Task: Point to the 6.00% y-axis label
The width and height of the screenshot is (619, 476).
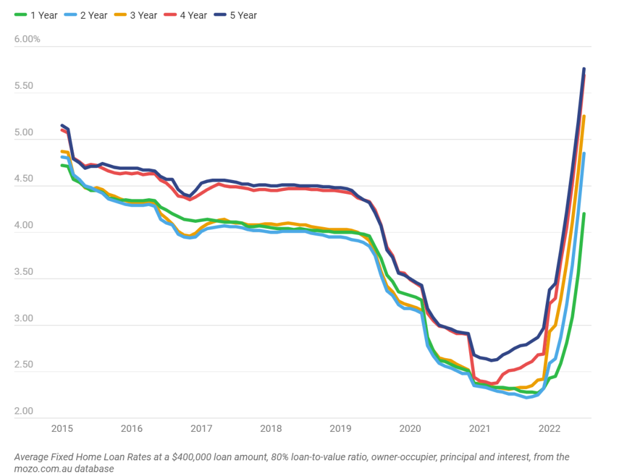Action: [x=27, y=39]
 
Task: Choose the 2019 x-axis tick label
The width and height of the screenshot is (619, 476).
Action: [x=340, y=429]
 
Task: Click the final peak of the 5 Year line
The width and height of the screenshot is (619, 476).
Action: [x=584, y=69]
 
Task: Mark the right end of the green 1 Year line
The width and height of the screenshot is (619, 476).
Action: [x=584, y=213]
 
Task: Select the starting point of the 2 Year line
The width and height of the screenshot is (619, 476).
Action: [x=62, y=156]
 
